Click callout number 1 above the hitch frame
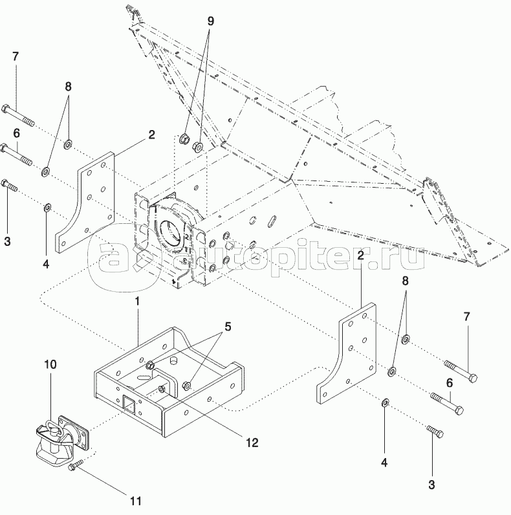tap(137, 301)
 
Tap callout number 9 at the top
tap(210, 20)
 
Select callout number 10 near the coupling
tap(50, 365)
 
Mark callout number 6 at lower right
tap(449, 382)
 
